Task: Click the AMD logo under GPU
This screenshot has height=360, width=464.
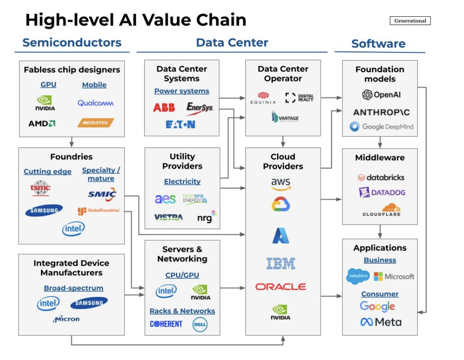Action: click(42, 123)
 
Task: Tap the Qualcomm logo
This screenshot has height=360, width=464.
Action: click(96, 103)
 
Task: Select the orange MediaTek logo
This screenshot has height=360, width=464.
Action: click(96, 123)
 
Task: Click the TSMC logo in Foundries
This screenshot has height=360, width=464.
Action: click(40, 188)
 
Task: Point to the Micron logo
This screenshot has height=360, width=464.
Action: click(67, 319)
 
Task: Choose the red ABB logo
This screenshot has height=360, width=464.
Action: click(164, 108)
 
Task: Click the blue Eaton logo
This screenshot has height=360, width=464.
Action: click(180, 124)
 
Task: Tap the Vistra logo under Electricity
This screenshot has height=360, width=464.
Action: click(168, 217)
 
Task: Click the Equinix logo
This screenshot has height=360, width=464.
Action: click(263, 98)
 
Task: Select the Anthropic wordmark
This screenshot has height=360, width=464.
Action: click(381, 112)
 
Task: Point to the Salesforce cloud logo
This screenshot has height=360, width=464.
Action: click(358, 276)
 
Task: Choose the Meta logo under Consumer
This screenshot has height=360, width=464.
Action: click(381, 322)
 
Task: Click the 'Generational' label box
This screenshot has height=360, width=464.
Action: click(410, 21)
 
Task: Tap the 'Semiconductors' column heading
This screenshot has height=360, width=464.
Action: click(72, 43)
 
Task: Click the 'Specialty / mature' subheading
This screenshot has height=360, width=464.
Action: click(101, 174)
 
